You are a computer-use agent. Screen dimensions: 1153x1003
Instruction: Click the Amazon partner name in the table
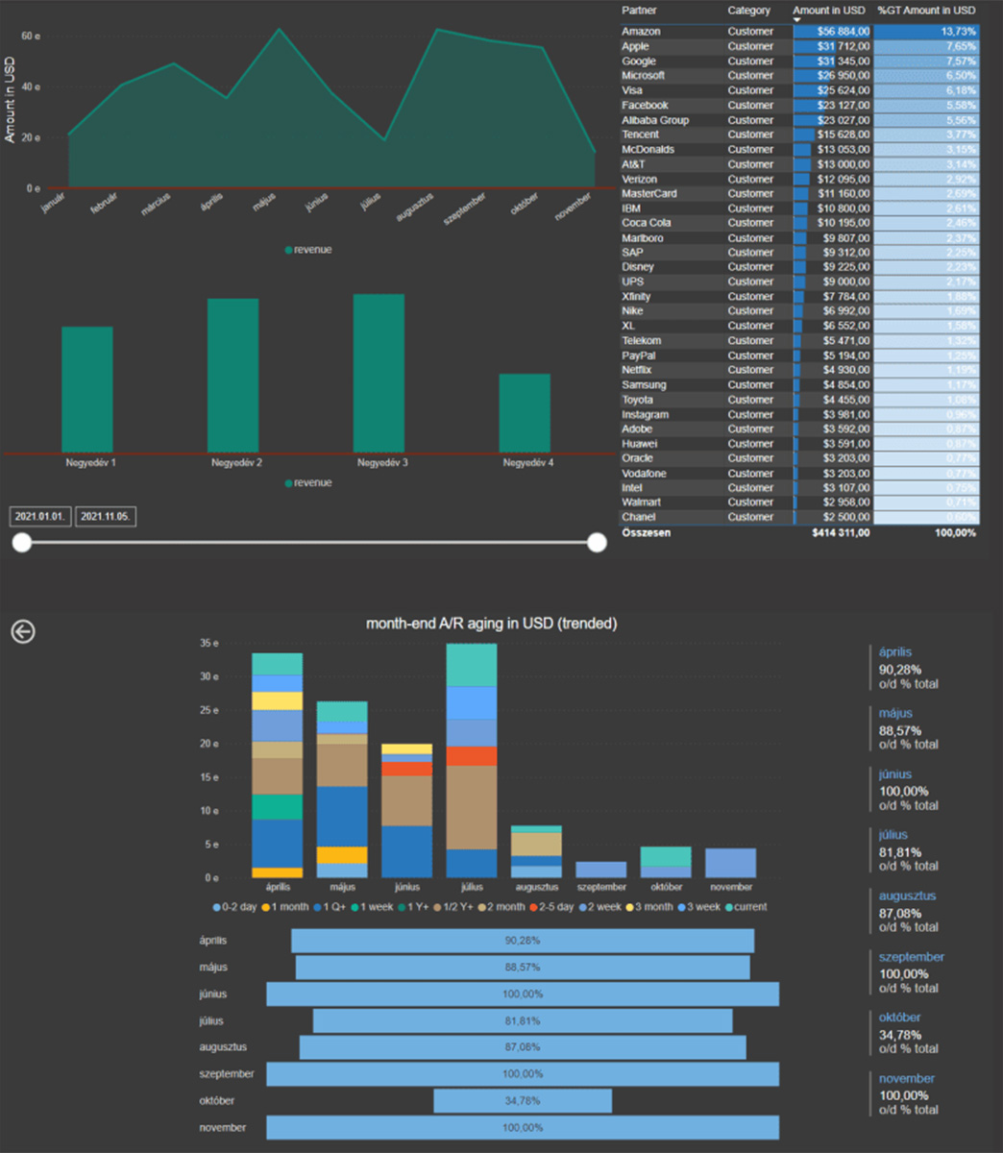[x=641, y=32]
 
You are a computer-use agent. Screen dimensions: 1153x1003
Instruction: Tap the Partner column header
[x=640, y=11]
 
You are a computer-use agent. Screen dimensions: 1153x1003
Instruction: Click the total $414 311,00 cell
[x=841, y=532]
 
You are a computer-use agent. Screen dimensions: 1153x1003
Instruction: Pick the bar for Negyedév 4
[x=525, y=413]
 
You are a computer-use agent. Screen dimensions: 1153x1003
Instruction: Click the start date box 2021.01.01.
[x=40, y=517]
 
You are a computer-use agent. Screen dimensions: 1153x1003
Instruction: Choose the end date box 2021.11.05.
[x=106, y=517]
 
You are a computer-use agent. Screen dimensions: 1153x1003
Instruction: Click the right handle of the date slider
[x=597, y=543]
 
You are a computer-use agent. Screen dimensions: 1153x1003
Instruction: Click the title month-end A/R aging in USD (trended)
[x=491, y=624]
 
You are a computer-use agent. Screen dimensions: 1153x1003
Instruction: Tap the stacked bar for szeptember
[x=601, y=870]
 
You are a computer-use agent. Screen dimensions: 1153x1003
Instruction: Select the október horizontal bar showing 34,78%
[x=523, y=1101]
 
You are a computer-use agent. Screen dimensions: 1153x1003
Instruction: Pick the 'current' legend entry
[x=747, y=907]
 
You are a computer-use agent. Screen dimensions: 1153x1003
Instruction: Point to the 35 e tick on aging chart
[x=208, y=643]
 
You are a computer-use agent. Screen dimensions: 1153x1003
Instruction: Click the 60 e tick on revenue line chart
[x=31, y=37]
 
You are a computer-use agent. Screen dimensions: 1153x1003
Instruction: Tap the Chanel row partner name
[x=638, y=517]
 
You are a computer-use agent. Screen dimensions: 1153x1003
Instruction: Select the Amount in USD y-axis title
[x=10, y=101]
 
